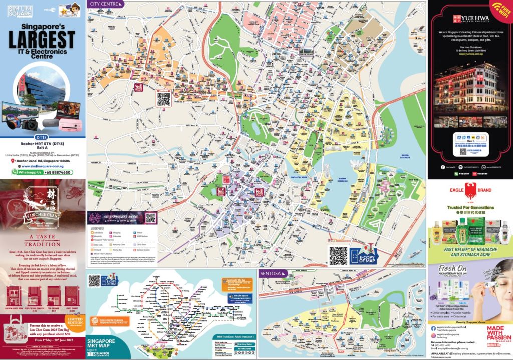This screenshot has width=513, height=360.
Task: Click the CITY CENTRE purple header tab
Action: tap(105, 4)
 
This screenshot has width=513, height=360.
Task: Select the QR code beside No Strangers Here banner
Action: tap(150, 218)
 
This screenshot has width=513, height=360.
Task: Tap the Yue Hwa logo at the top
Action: tap(468, 19)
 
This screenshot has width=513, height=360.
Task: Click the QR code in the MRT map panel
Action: tap(94, 281)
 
